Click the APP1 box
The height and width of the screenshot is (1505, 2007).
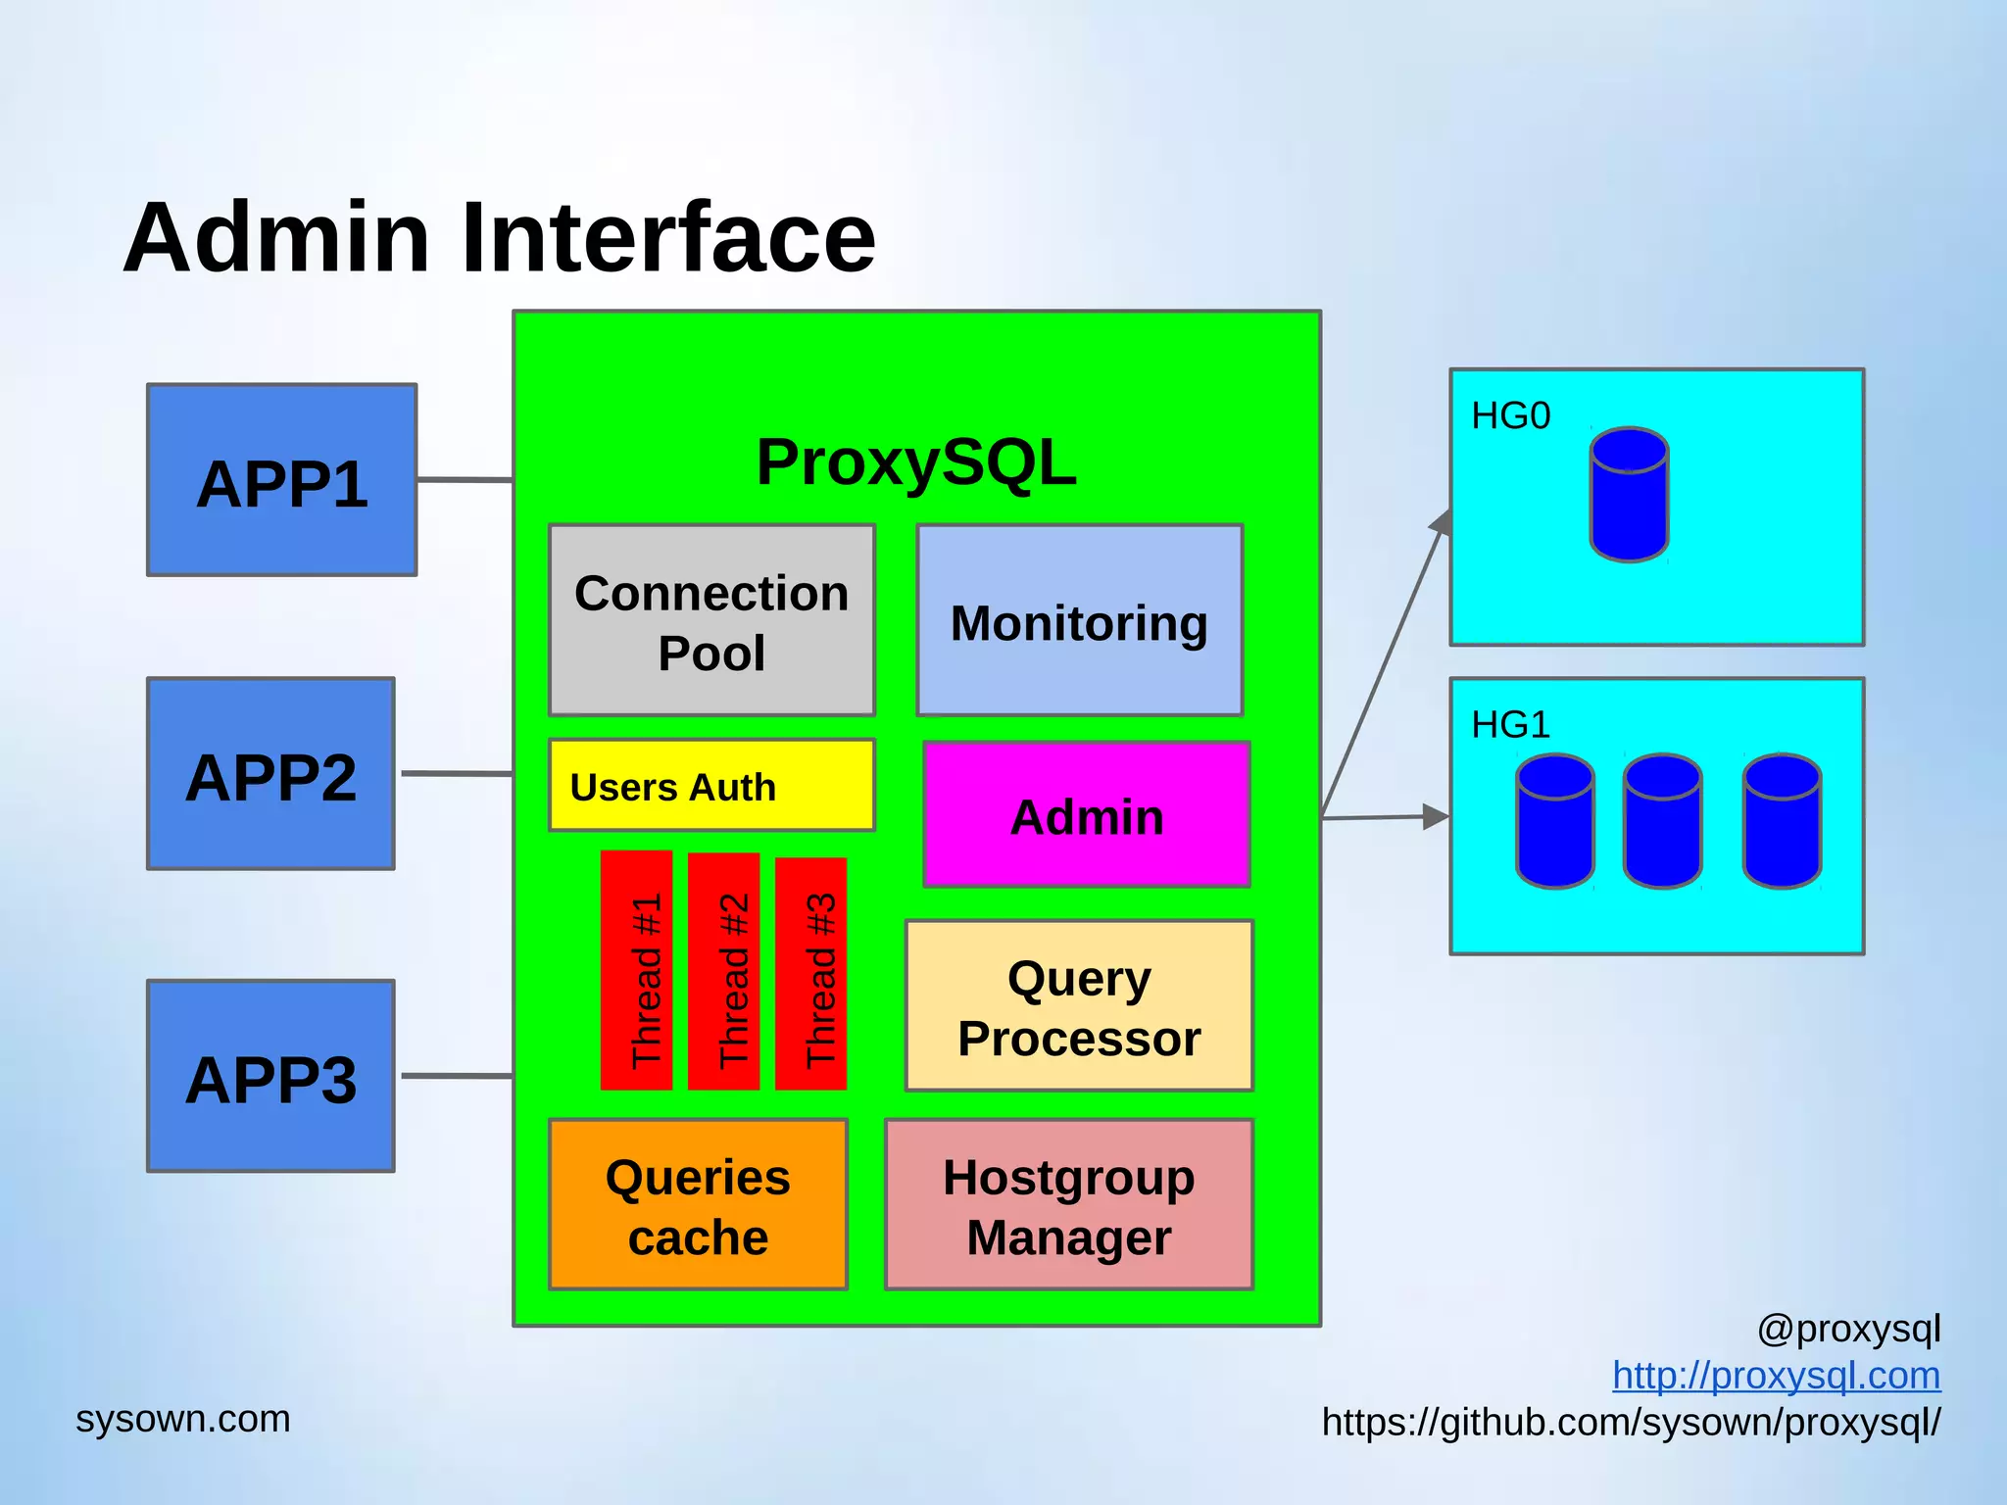click(x=281, y=480)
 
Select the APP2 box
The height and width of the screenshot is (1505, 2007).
click(x=270, y=774)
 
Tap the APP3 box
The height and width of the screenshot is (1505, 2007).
click(x=270, y=1076)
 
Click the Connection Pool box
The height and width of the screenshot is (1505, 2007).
click(x=711, y=620)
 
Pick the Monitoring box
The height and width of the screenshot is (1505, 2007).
click(x=1079, y=620)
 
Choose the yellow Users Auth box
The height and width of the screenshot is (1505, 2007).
click(x=711, y=786)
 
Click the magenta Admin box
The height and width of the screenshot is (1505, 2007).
click(x=1086, y=815)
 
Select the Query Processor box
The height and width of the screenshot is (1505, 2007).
click(x=1079, y=1006)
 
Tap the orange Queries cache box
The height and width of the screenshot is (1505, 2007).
click(x=698, y=1205)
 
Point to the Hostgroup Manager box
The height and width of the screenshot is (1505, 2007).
click(x=1068, y=1205)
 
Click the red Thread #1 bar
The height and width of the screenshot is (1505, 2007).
click(x=637, y=970)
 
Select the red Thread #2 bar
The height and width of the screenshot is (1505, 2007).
click(x=724, y=970)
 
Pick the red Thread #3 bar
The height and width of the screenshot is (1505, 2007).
click(x=810, y=973)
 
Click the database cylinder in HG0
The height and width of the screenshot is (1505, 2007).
click(x=1629, y=495)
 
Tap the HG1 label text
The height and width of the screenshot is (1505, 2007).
click(x=1510, y=725)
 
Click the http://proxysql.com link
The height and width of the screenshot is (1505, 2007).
click(x=1776, y=1376)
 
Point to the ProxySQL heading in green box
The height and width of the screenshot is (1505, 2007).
click(x=916, y=462)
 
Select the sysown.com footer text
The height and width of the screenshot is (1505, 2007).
click(x=183, y=1419)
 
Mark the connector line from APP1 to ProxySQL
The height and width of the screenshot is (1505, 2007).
click(x=465, y=480)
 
